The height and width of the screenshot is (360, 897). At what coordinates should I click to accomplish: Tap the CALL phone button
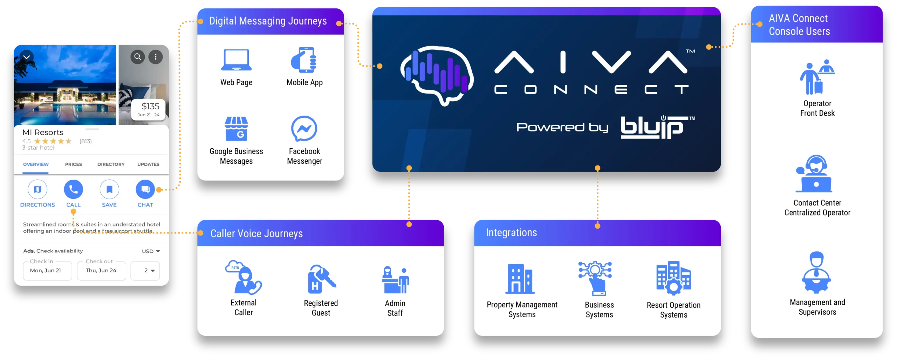[x=73, y=189]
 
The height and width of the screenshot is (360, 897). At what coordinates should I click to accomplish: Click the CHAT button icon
[x=145, y=189]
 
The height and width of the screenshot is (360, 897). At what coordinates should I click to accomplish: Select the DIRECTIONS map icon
[x=37, y=189]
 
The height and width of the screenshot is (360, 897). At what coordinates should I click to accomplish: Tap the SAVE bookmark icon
[x=109, y=189]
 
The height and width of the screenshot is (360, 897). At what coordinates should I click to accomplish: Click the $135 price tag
[x=149, y=109]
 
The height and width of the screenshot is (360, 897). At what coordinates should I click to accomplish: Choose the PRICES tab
[x=74, y=164]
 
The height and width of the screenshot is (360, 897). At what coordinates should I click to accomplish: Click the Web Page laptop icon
[x=236, y=60]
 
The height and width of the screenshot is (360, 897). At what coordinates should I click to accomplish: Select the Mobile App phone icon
[x=304, y=60]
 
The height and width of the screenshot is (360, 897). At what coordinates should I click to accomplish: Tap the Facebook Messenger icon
[x=304, y=129]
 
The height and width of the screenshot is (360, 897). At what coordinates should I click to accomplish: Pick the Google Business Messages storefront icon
[x=236, y=128]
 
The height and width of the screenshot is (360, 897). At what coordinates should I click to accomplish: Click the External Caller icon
[x=244, y=277]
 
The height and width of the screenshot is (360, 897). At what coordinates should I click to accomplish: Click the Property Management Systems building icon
[x=520, y=279]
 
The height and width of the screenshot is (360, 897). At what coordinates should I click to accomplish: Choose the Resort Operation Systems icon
[x=673, y=278]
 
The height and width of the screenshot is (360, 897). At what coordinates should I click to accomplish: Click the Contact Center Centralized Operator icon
[x=814, y=174]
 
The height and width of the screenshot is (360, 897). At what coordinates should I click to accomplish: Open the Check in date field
[x=47, y=270]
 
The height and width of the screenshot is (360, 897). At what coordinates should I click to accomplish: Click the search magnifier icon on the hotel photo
[x=138, y=56]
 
